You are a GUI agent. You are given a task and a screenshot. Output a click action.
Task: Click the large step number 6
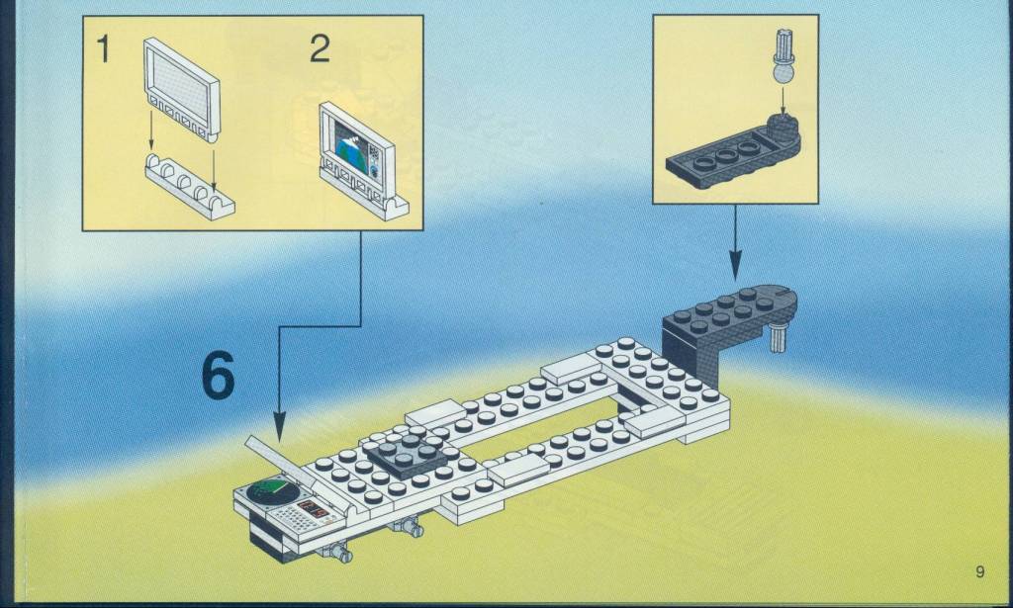click(x=219, y=375)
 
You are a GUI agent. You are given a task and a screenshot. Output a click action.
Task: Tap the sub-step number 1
click(x=103, y=49)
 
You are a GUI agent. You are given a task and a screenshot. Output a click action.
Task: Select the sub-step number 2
click(x=320, y=48)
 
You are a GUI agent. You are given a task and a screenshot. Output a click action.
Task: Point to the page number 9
click(x=980, y=571)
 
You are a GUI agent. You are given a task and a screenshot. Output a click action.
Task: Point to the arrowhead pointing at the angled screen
click(x=279, y=428)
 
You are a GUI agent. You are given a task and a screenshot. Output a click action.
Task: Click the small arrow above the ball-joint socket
click(x=783, y=101)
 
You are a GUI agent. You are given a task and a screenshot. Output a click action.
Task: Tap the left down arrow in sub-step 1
click(x=151, y=130)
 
